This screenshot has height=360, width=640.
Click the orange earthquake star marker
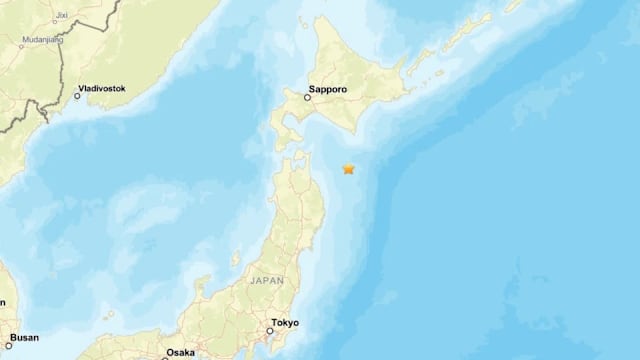coord(349,169)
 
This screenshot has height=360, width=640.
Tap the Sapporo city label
coord(328,89)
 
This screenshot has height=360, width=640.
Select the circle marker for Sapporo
coord(308,98)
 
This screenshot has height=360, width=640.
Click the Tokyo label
coord(285,323)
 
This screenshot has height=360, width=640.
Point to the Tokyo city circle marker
coord(270,331)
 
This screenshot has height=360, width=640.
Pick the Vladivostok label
coord(105,88)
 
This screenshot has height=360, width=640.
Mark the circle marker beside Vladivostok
coord(78,96)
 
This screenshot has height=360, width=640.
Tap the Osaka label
coord(180,352)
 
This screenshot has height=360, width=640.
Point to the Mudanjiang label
coord(35,42)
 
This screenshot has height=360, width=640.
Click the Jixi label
coord(62,16)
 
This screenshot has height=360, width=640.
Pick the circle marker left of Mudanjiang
coord(9,42)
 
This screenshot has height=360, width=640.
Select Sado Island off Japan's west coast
coord(236,259)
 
